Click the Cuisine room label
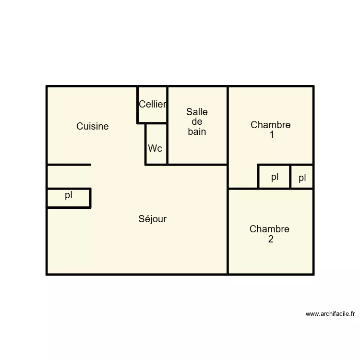(x=93, y=126)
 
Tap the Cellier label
(x=153, y=104)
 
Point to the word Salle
(x=197, y=112)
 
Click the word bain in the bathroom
(x=197, y=132)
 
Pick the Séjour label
(x=153, y=219)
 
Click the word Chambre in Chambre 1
(x=271, y=125)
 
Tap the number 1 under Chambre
(x=272, y=135)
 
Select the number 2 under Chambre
(x=271, y=239)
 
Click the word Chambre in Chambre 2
(x=269, y=229)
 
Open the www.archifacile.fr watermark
(x=330, y=314)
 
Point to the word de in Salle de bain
(x=197, y=122)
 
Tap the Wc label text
(x=155, y=148)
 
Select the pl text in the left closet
(x=69, y=195)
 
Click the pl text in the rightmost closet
(x=302, y=179)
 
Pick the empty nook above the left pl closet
(x=69, y=177)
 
